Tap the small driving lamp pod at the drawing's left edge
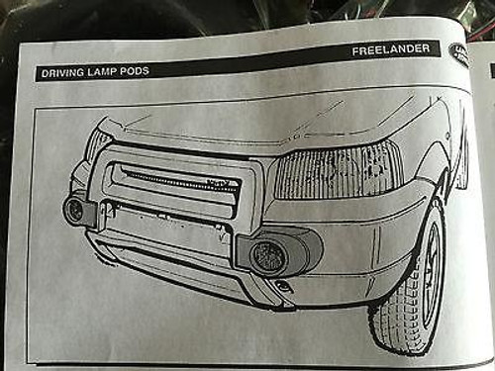pos(74,209)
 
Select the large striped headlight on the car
pos(337,170)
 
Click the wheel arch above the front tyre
pos(421,193)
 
